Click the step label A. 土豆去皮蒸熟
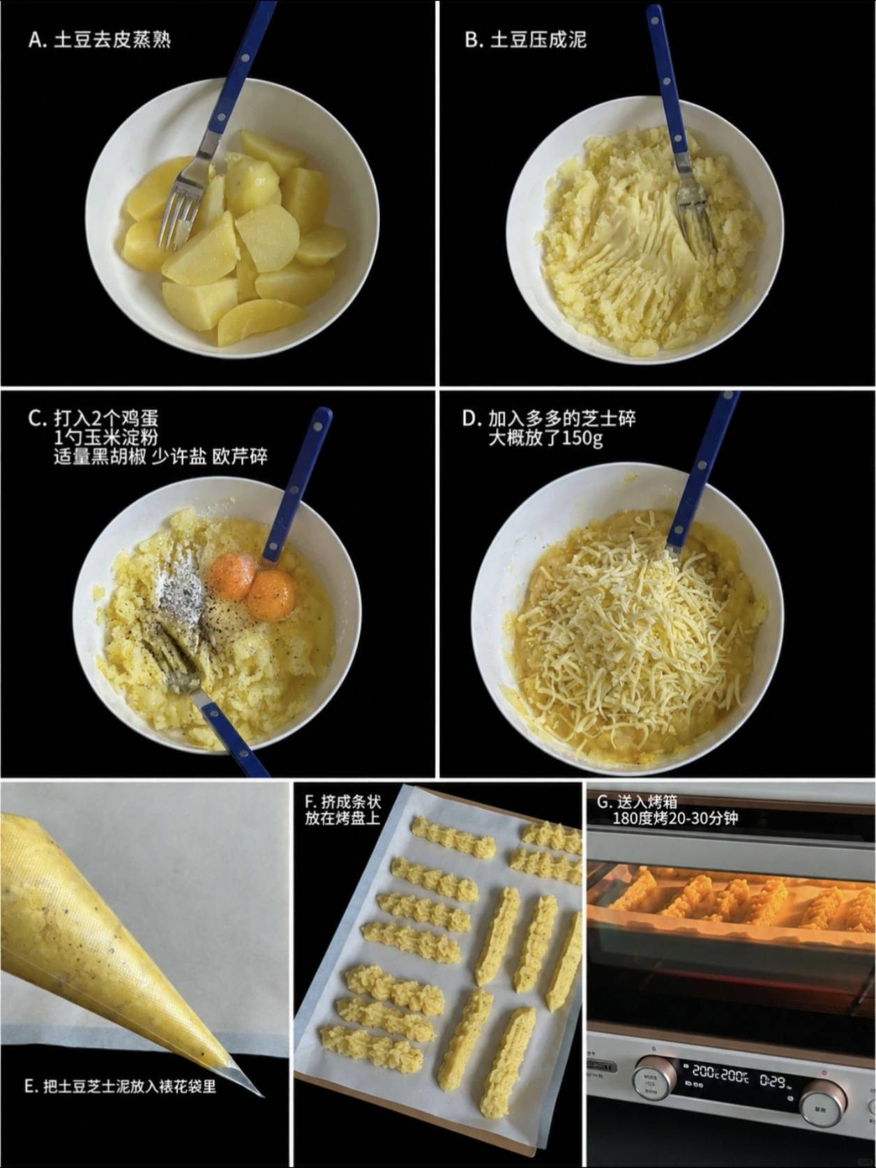pos(100,40)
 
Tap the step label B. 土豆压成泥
pos(525,40)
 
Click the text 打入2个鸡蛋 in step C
pos(107,418)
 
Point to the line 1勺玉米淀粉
pos(107,437)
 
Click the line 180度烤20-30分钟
pos(675,819)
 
